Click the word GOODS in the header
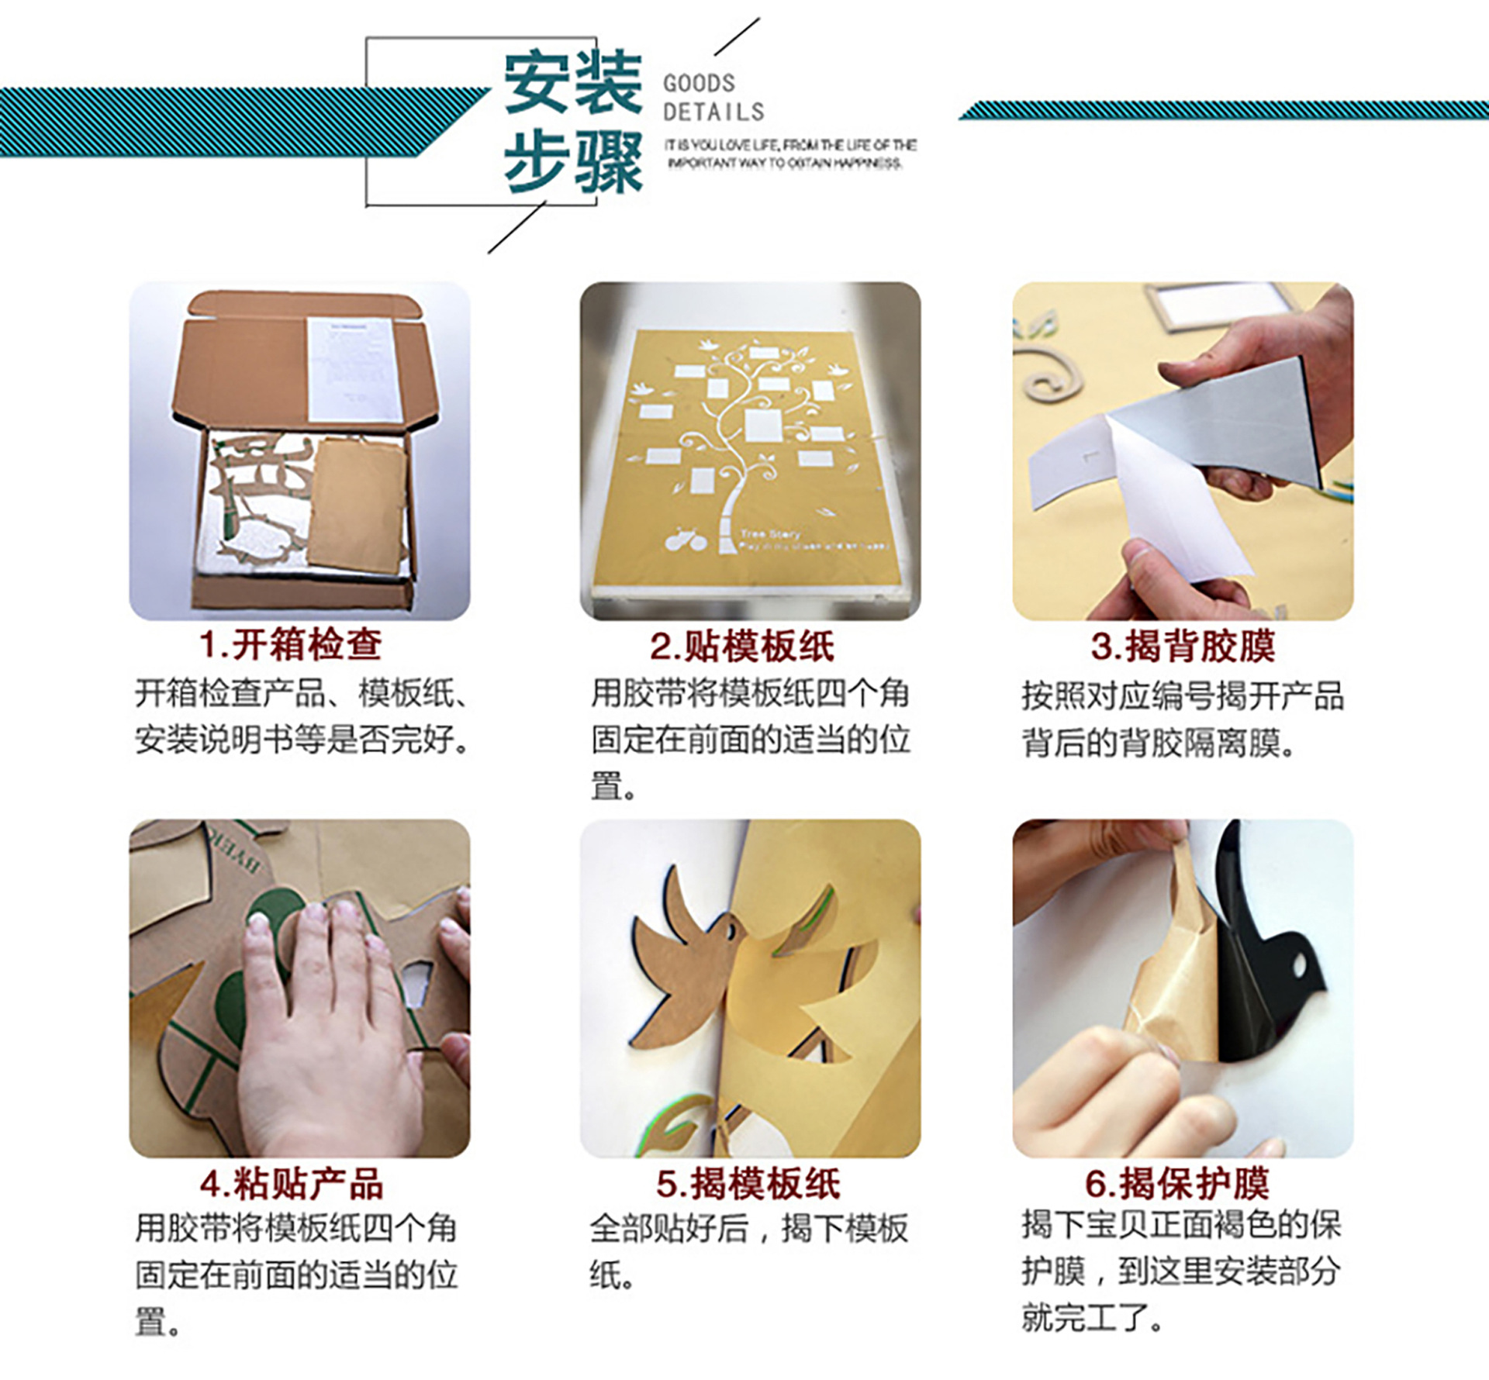(x=698, y=83)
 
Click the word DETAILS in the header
(x=713, y=112)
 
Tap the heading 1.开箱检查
(x=290, y=643)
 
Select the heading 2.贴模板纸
(x=741, y=646)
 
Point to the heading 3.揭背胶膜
(x=1182, y=646)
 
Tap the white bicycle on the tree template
(x=686, y=540)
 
